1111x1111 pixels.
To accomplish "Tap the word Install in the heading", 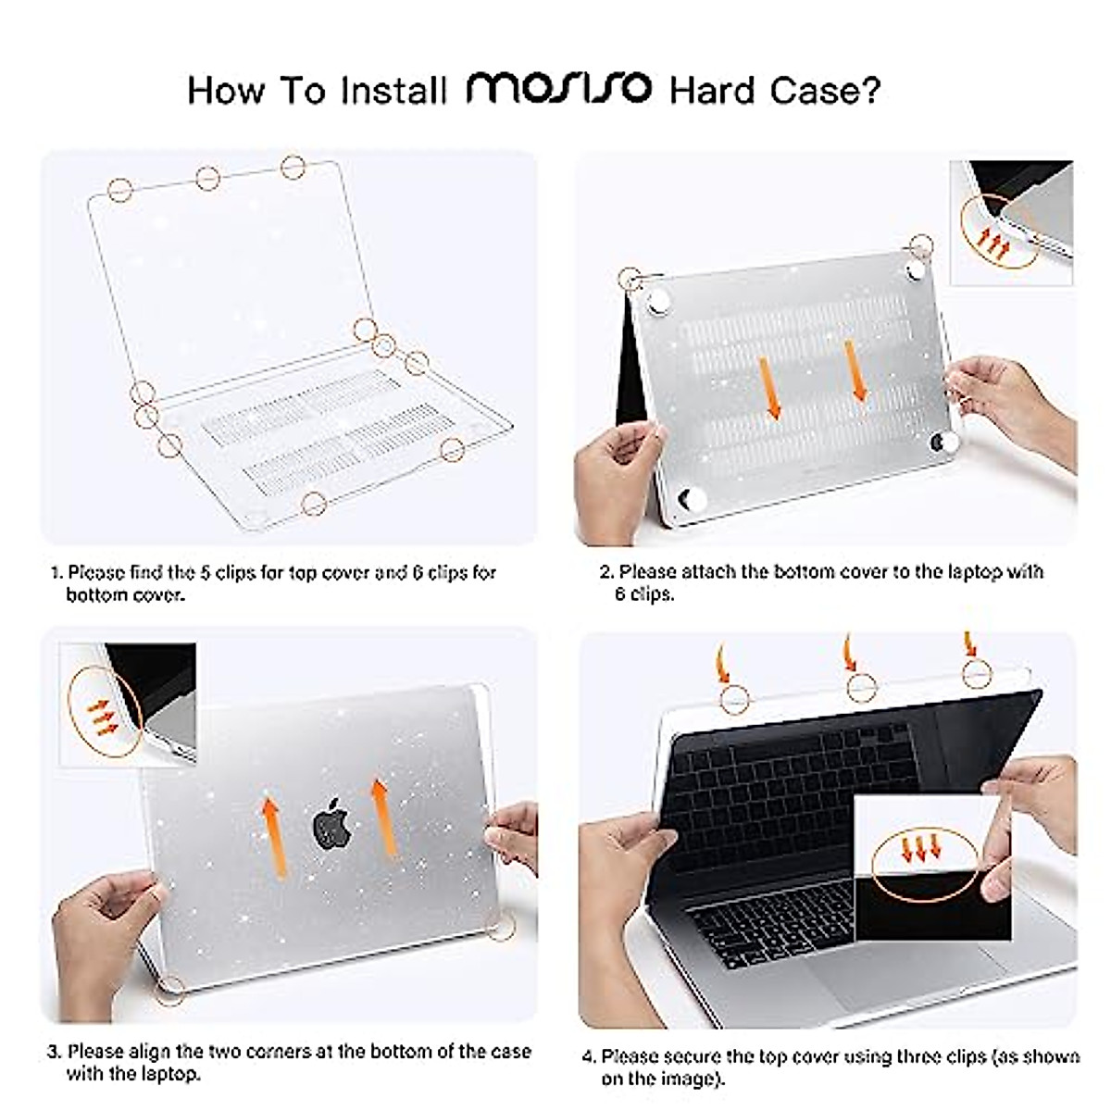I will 394,91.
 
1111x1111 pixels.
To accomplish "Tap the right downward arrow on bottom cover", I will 857,371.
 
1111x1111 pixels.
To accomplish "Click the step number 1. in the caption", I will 56,573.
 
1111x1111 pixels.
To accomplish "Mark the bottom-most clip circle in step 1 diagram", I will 314,504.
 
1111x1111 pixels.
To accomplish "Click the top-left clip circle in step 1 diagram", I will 120,190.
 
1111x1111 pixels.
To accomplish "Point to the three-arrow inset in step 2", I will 1011,224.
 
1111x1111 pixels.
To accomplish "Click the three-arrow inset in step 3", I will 128,705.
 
